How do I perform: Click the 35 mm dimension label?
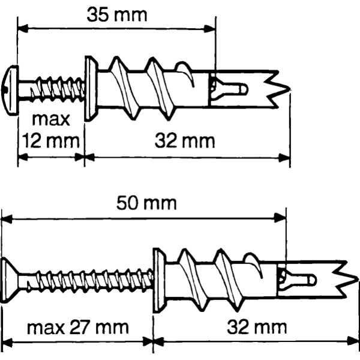pyautogui.click(x=117, y=15)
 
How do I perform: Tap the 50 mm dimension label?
pyautogui.click(x=146, y=203)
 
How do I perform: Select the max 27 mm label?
pyautogui.click(x=78, y=328)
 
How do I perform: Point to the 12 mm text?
pyautogui.click(x=51, y=141)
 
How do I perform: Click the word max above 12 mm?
pyautogui.click(x=51, y=119)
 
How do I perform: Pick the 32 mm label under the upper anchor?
pyautogui.click(x=185, y=141)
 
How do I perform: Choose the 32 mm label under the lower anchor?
pyautogui.click(x=257, y=328)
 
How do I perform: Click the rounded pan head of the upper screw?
pyautogui.click(x=10, y=90)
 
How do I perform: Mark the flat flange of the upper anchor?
pyautogui.click(x=91, y=88)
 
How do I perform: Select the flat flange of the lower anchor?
pyautogui.click(x=160, y=280)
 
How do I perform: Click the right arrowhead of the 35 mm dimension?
pyautogui.click(x=210, y=29)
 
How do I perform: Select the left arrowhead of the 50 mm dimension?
pyautogui.click(x=7, y=219)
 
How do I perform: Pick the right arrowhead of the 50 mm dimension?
pyautogui.click(x=280, y=217)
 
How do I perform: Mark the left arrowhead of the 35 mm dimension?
pyautogui.click(x=23, y=28)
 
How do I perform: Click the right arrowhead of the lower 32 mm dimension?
pyautogui.click(x=353, y=341)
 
